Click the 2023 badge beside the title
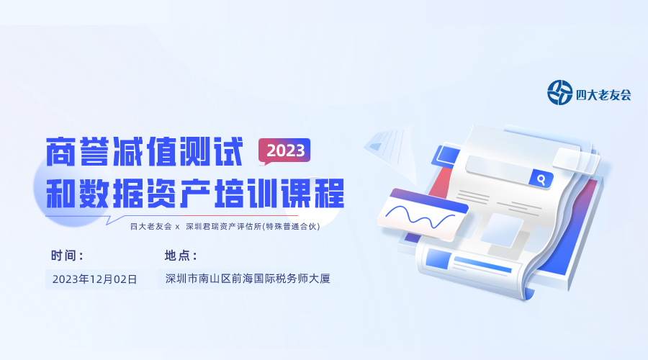284,150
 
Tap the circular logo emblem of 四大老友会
559,93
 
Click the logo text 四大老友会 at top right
603,95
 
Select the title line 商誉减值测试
144,152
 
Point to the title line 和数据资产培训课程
195,194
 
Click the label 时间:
67,256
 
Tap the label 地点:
181,256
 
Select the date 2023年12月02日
94,279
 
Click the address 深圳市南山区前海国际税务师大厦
248,279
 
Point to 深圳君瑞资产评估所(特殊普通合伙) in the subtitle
253,227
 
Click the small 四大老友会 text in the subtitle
151,227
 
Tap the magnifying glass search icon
541,179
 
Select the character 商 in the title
60,152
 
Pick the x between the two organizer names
178,227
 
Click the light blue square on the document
502,230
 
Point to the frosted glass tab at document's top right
576,161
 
